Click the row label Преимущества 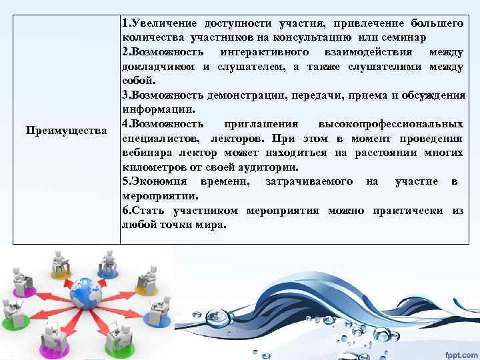point(65,128)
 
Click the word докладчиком point(156,66)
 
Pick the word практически point(403,211)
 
